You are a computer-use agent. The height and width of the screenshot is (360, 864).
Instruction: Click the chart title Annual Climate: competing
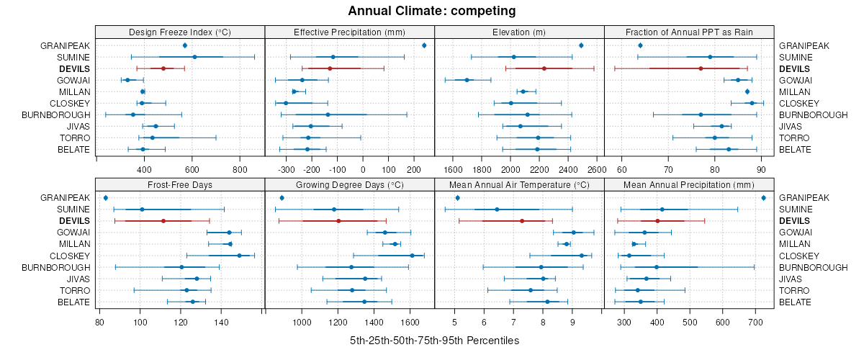click(431, 11)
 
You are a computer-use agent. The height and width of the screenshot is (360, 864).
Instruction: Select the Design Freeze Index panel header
click(179, 32)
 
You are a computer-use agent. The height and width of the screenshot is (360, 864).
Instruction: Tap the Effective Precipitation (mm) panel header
click(350, 32)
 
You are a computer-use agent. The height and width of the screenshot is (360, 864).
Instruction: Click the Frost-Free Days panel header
click(179, 184)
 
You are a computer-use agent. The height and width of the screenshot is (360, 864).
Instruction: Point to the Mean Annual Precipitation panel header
click(689, 184)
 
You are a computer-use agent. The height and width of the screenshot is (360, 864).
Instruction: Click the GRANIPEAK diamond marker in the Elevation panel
click(581, 45)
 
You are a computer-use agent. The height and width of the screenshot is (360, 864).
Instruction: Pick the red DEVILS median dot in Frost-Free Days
click(163, 220)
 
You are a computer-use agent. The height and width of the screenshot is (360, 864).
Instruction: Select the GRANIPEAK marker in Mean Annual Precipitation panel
click(763, 197)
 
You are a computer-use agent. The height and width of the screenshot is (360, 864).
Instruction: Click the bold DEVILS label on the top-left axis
click(75, 68)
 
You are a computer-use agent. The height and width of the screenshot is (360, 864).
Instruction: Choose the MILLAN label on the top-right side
click(794, 91)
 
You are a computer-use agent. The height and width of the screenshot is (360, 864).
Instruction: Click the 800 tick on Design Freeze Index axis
click(240, 170)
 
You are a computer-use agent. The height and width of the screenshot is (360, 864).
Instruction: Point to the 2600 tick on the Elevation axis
click(596, 170)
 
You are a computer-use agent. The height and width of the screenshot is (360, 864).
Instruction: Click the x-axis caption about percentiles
click(434, 340)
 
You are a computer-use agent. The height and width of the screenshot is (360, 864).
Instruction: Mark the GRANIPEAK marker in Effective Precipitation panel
click(424, 45)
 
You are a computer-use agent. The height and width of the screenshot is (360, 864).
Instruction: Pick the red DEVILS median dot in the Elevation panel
click(544, 68)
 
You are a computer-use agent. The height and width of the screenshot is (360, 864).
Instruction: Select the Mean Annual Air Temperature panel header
click(519, 184)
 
